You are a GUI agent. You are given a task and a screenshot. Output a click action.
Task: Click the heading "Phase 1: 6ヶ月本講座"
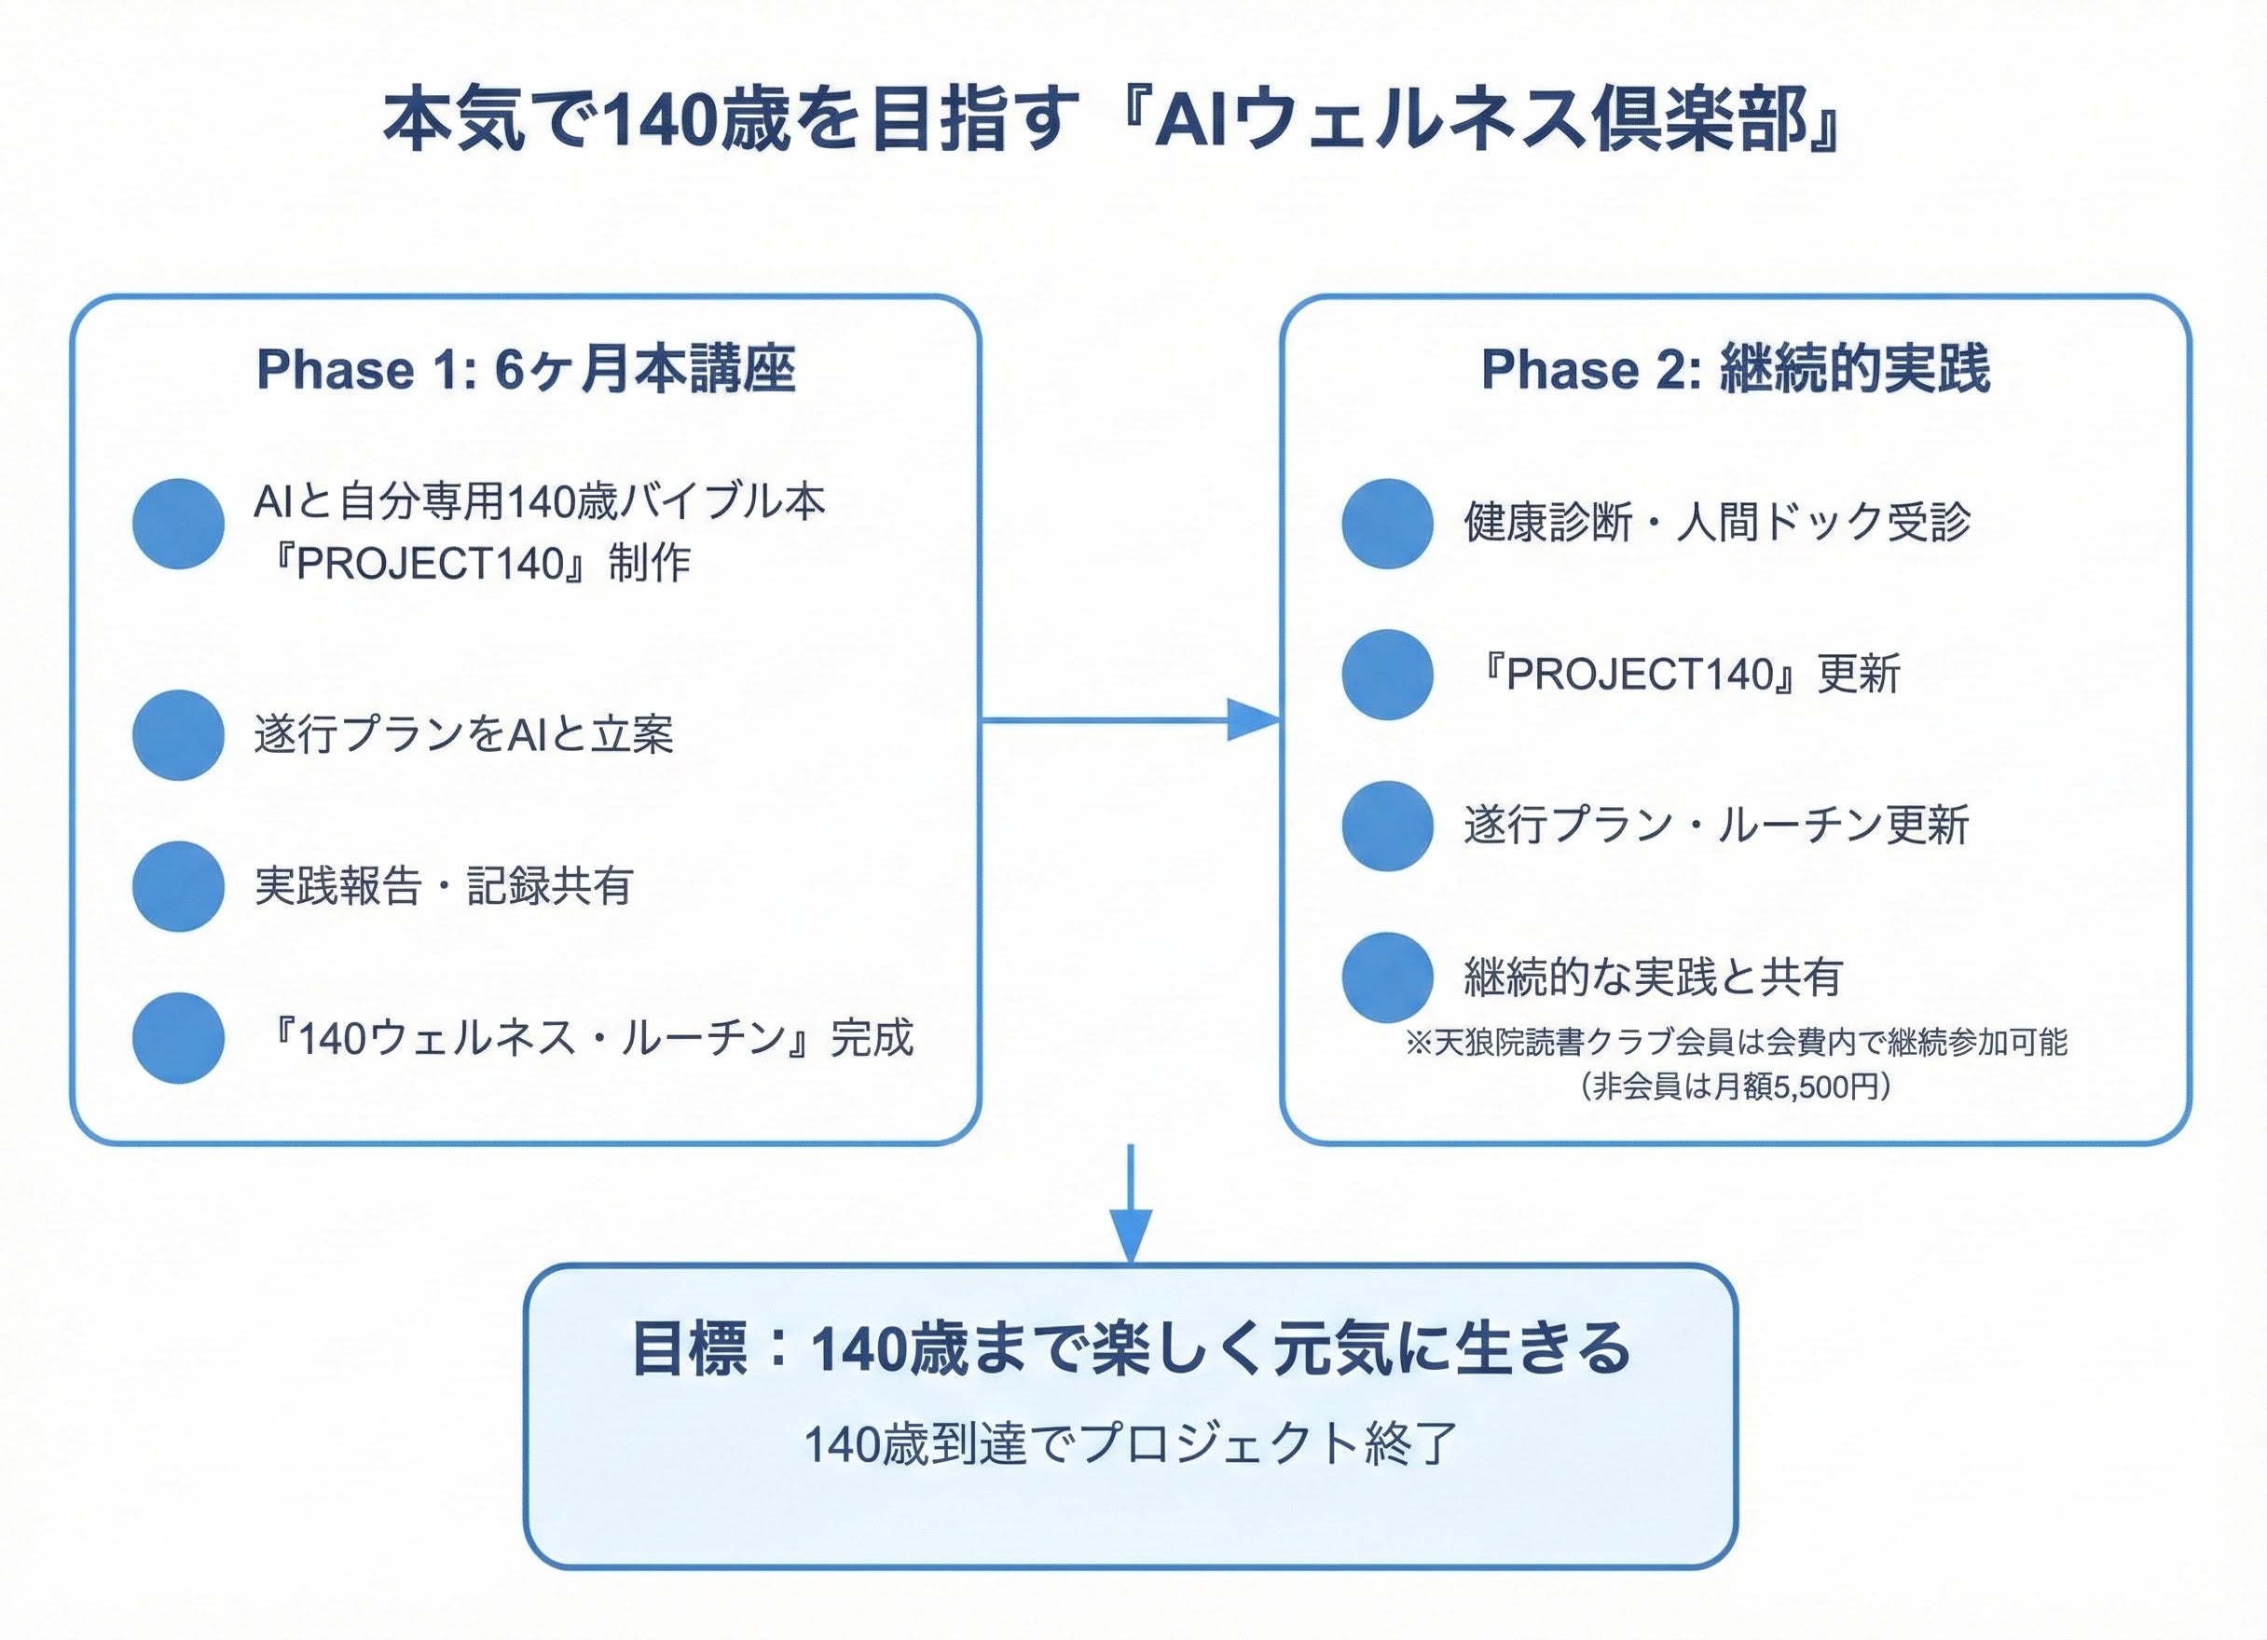[x=526, y=370]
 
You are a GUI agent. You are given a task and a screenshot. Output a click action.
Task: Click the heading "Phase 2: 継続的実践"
[x=1736, y=370]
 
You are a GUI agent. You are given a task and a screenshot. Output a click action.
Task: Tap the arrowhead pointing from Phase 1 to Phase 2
[x=1254, y=719]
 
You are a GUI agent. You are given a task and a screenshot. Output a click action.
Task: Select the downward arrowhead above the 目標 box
[x=1131, y=1236]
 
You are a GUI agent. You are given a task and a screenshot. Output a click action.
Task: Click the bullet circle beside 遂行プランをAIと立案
[x=178, y=734]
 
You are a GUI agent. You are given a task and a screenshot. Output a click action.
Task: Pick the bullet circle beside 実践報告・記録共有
[x=178, y=886]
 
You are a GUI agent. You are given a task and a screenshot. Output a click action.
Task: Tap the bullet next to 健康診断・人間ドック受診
[x=1387, y=524]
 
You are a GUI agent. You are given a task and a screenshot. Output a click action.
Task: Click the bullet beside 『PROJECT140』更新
[x=1387, y=675]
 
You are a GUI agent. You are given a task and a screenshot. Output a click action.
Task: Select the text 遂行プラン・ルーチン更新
[x=1715, y=826]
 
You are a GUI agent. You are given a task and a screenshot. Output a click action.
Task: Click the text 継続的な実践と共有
[x=1654, y=977]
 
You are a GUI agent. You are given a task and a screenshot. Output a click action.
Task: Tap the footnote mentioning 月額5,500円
[x=1736, y=1086]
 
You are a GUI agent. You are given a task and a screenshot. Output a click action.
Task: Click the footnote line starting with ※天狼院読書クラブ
[x=1736, y=1043]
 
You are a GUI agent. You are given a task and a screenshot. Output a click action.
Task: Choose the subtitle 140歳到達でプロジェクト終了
[x=1131, y=1443]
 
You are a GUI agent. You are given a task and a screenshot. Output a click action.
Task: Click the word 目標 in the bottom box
[x=690, y=1349]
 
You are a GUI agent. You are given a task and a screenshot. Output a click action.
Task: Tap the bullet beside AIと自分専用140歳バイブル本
[x=178, y=524]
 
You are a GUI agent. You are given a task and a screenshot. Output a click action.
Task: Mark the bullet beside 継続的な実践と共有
[x=1387, y=977]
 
